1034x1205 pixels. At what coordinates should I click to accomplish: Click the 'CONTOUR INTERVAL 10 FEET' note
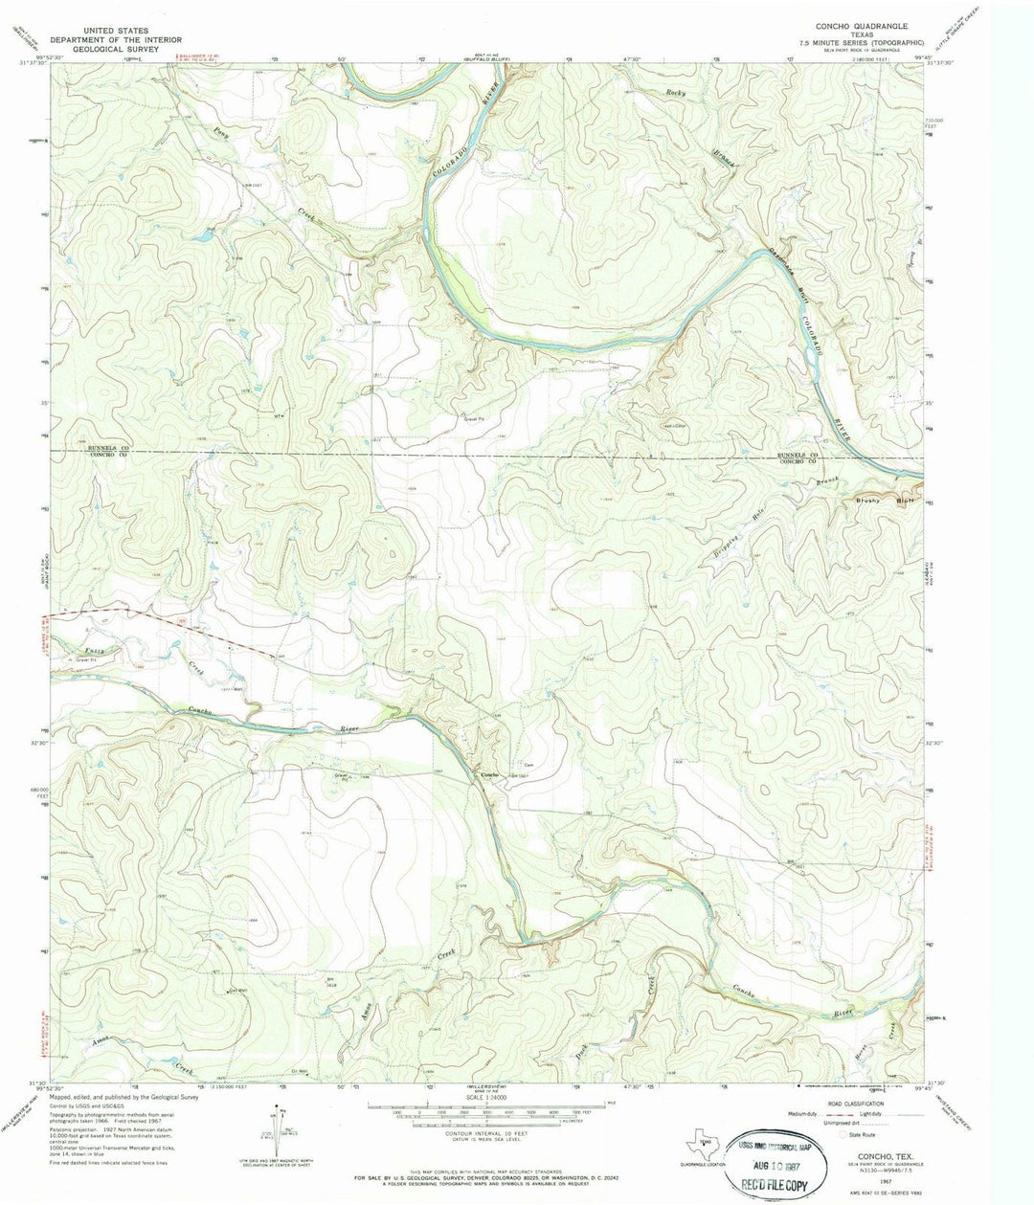coord(487,1133)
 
